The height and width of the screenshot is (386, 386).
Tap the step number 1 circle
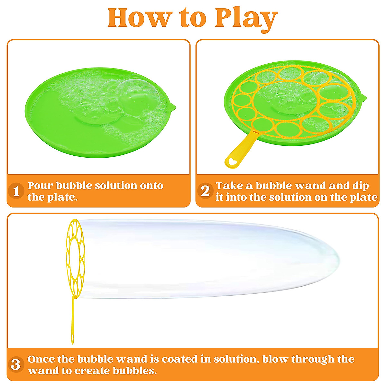coord(16,191)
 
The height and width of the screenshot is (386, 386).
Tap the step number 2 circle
coord(205,191)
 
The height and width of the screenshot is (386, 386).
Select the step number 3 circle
coord(16,365)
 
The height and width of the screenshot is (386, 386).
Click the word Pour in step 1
coord(41,186)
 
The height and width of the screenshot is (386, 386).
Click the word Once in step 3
coord(41,359)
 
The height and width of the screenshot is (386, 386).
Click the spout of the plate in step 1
coord(172,106)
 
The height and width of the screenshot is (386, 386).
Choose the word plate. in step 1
coord(63,198)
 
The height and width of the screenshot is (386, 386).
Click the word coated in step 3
coord(179,359)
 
